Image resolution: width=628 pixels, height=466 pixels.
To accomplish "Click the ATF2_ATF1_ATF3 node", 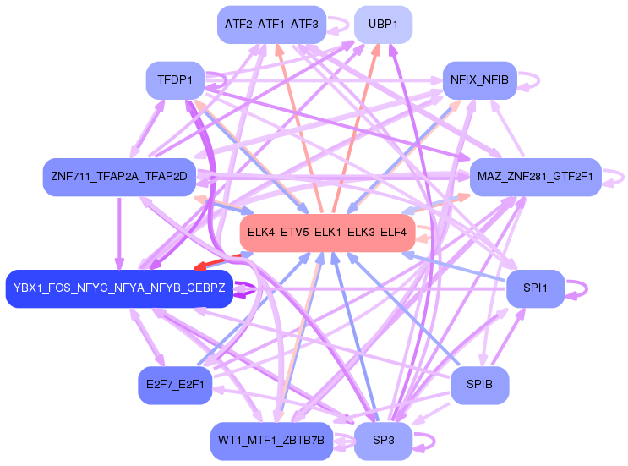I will pos(270,25).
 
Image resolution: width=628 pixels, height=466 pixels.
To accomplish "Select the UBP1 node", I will pos(383,25).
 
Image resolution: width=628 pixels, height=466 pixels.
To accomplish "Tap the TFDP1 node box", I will pos(175,80).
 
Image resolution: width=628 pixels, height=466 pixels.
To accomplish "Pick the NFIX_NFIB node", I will pos(479,80).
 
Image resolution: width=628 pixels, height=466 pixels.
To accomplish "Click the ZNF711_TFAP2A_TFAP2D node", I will pos(119,177).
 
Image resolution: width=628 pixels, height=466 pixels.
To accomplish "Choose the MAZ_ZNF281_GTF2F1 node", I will pos(535,177).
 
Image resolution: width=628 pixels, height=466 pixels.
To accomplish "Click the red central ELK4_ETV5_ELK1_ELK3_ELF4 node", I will pos(327,232).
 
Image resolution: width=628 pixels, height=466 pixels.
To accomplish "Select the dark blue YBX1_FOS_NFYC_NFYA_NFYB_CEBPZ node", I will pos(119,289).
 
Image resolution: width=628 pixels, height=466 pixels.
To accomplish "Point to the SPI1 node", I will pos(535,288).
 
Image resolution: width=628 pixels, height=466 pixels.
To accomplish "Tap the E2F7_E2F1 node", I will pos(175,385).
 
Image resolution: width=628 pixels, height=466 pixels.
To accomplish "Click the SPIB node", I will pos(479,385).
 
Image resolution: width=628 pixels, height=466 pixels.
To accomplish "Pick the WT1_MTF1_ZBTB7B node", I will pos(270,441).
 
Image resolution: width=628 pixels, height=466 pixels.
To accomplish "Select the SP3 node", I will pos(383,441).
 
